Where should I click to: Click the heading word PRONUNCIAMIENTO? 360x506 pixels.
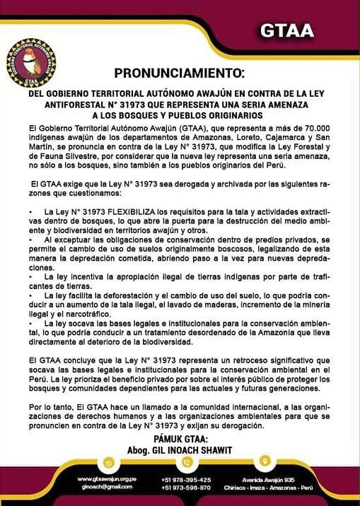(179, 73)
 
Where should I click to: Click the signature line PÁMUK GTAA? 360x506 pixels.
(180, 438)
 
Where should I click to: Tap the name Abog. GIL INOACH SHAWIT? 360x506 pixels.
(180, 449)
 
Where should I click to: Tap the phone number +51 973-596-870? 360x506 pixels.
(186, 488)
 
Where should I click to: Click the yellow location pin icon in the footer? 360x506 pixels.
(265, 462)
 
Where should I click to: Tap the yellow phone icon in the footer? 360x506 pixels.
(186, 462)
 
